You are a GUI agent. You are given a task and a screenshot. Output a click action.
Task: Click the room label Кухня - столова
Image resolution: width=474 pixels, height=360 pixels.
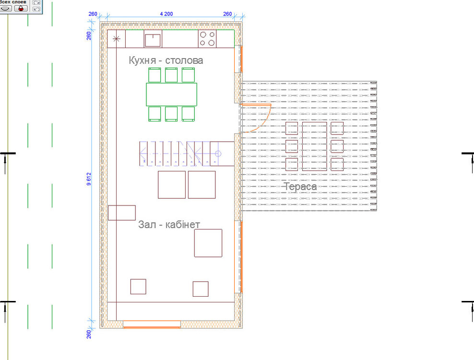click(166, 60)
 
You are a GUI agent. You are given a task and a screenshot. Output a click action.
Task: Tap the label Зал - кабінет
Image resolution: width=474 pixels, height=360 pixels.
click(169, 224)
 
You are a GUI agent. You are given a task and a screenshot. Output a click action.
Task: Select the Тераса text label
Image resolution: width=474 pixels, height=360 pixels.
click(300, 187)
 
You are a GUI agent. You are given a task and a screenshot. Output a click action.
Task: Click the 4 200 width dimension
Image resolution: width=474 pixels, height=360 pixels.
click(166, 14)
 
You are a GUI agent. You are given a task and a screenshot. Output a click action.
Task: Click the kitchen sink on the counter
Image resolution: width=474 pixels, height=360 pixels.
click(153, 39)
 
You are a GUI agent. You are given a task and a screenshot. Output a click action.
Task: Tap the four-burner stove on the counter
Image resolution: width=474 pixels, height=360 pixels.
click(207, 39)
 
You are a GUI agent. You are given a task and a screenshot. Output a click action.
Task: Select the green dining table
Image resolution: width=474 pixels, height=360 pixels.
click(171, 95)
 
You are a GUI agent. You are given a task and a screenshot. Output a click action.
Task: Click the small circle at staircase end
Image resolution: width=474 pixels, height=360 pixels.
click(217, 154)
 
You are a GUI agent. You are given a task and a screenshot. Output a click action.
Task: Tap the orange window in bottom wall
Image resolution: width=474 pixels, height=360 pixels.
click(152, 325)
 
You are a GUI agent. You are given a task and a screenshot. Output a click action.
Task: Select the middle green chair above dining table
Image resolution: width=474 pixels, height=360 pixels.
click(171, 75)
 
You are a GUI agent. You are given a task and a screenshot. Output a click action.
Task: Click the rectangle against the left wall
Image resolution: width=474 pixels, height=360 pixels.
click(122, 213)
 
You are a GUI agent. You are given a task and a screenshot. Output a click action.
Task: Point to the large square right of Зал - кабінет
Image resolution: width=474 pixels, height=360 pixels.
click(208, 243)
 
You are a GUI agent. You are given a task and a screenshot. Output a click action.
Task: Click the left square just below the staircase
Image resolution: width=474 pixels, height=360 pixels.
click(172, 185)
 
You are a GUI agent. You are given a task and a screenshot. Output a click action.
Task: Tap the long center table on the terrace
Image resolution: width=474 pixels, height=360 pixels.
click(314, 146)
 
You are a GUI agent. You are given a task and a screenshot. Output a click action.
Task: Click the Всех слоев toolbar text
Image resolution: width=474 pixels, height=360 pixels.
click(13, 2)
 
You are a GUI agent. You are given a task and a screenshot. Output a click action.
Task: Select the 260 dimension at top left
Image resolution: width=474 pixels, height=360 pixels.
click(93, 14)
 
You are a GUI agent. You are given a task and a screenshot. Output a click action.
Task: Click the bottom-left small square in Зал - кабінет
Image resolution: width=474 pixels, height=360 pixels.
click(138, 287)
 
